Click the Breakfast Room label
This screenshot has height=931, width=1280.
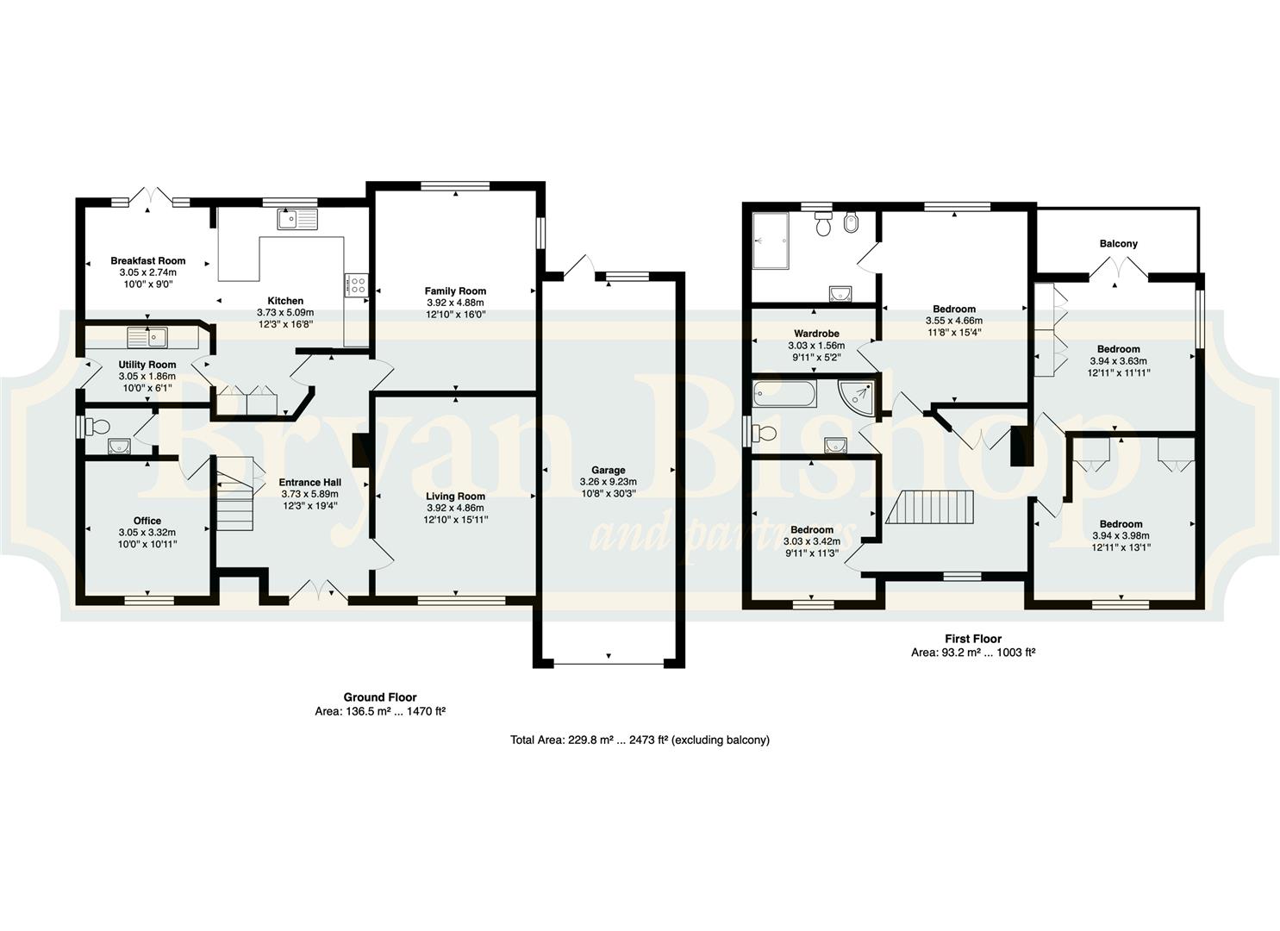coord(148,261)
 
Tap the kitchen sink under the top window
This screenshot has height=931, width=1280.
coord(297,219)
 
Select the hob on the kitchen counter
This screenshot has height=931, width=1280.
coord(359,285)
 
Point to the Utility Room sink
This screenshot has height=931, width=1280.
coord(148,336)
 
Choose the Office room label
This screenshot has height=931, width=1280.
coord(147,521)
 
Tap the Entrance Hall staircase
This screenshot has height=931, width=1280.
coord(234,492)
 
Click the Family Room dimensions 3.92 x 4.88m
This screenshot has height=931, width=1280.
coord(455,303)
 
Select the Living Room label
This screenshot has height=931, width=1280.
coord(455,496)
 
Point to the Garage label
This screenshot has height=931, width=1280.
coord(608,470)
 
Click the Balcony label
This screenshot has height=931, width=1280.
coord(1118,243)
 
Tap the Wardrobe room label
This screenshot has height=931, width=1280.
coord(816,334)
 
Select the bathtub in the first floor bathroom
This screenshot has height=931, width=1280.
coord(784,394)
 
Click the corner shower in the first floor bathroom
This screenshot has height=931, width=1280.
coord(857,396)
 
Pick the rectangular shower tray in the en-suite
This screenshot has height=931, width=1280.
coord(771,241)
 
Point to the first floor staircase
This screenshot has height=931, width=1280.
coord(930,506)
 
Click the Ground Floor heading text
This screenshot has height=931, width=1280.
coord(380,697)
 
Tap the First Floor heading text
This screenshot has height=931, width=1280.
coord(972,639)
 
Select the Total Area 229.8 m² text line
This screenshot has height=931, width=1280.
coord(640,740)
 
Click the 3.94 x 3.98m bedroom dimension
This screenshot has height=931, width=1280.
coord(1121,535)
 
